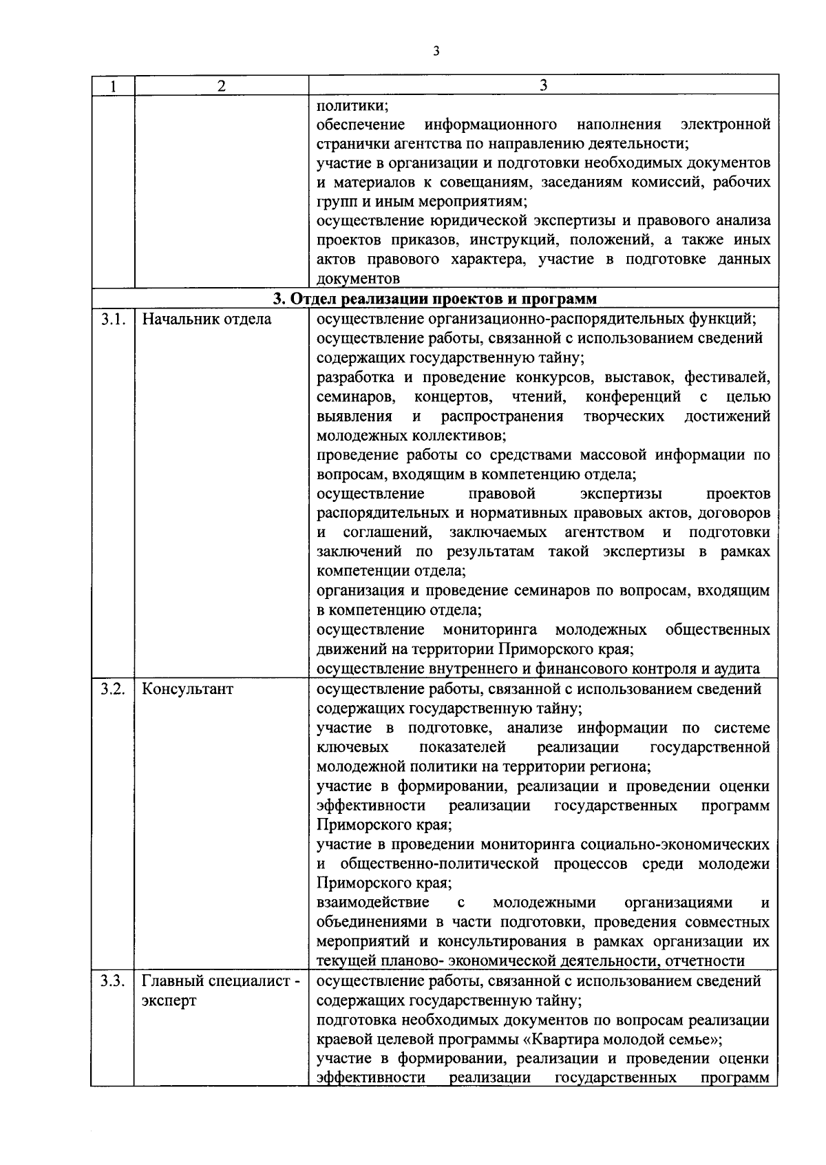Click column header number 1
112,85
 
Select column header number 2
220,85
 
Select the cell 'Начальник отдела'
206,319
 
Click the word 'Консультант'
187,689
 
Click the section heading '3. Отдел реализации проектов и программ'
435,299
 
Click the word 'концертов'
453,397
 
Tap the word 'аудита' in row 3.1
738,669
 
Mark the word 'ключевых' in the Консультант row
352,747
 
